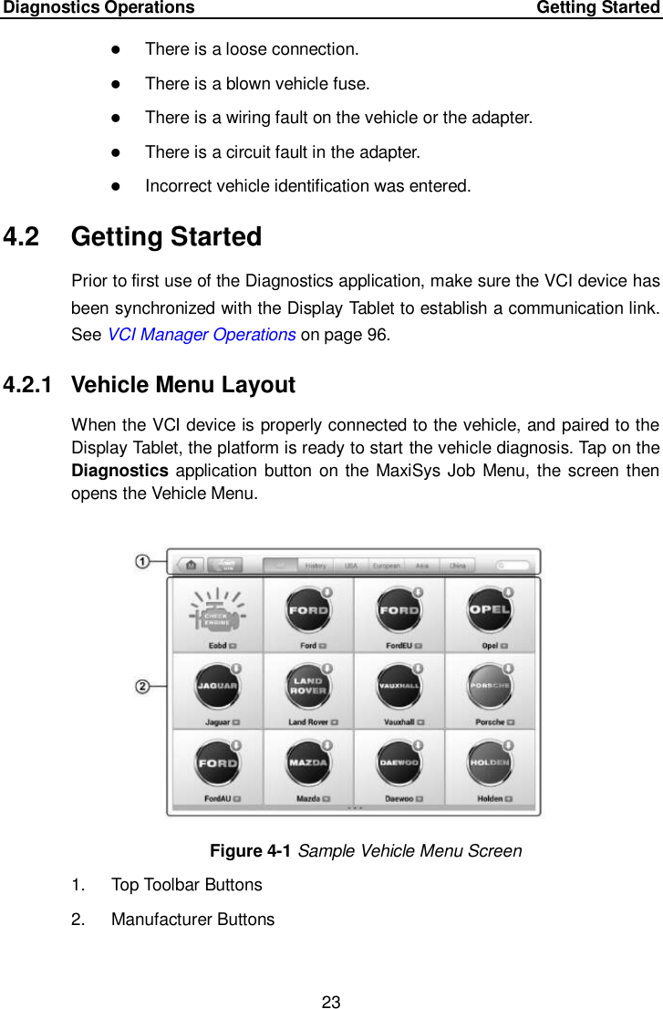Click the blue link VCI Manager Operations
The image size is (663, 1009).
click(x=201, y=334)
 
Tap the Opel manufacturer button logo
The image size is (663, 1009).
click(x=490, y=611)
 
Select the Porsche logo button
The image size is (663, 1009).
click(x=490, y=687)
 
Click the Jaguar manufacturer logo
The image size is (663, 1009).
click(x=217, y=687)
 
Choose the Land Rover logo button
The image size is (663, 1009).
click(x=308, y=687)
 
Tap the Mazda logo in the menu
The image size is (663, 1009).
click(x=308, y=764)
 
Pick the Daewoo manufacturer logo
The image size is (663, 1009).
click(x=399, y=764)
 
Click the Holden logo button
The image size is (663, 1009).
click(x=490, y=764)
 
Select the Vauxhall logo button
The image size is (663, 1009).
click(x=399, y=687)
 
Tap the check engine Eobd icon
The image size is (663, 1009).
click(x=217, y=611)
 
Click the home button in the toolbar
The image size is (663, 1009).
click(x=190, y=565)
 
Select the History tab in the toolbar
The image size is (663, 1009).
click(x=316, y=565)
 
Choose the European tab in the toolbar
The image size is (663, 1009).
click(x=386, y=565)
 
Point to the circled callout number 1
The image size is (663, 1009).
click(x=143, y=561)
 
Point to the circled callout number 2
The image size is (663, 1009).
click(x=143, y=687)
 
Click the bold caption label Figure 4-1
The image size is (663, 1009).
click(x=251, y=851)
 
